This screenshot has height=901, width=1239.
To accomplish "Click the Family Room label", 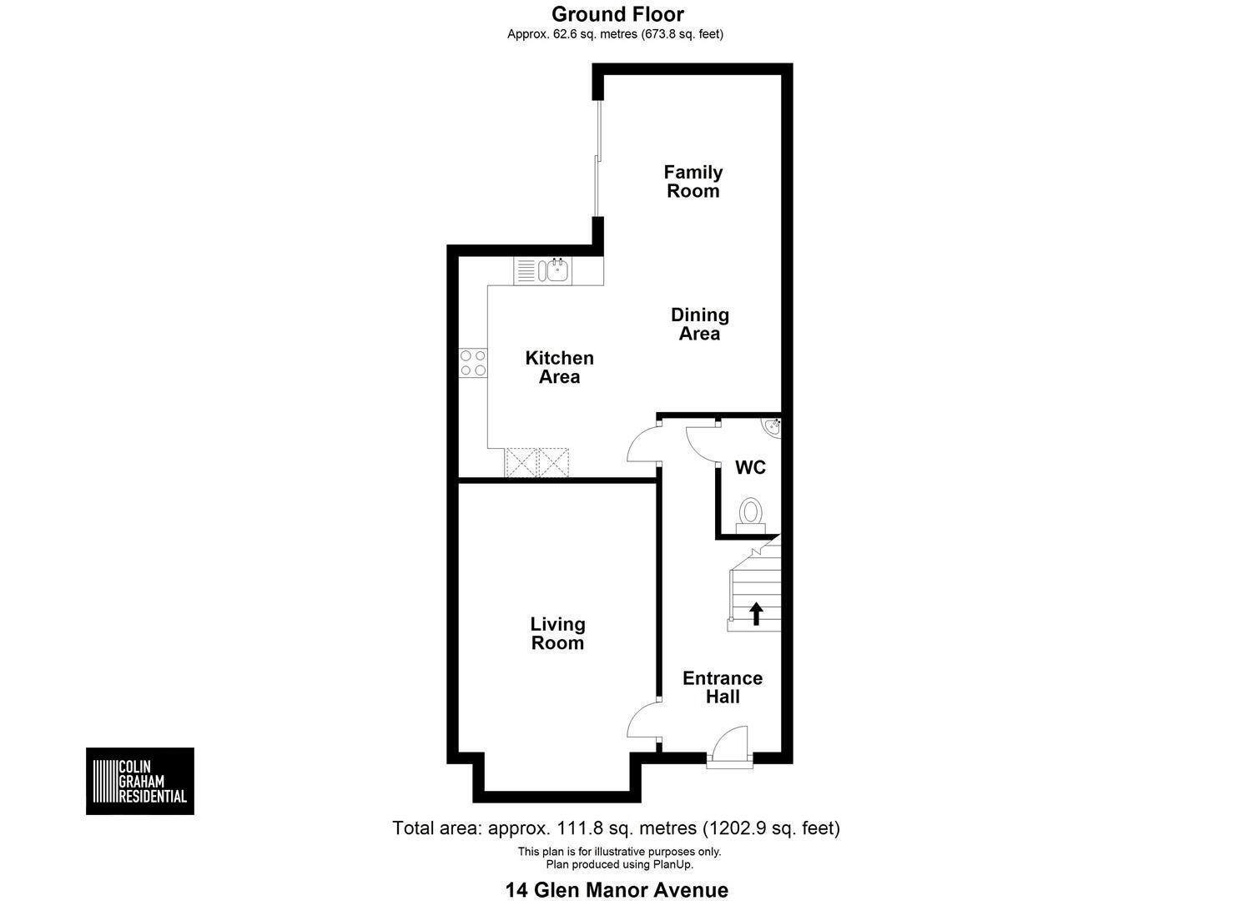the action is (693, 181).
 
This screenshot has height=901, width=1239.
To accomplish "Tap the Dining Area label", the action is (700, 325).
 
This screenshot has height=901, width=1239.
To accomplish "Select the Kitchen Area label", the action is (559, 367).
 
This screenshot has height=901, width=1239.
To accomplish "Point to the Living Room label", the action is (557, 633).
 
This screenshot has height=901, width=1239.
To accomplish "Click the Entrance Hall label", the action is (723, 687).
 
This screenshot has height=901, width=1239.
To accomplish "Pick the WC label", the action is (750, 467).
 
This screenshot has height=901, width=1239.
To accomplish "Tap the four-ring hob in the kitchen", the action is (473, 363).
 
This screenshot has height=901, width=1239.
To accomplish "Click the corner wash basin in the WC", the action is (773, 428).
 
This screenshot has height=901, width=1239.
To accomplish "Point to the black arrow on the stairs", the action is (756, 614).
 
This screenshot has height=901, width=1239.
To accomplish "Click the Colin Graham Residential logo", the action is (140, 781).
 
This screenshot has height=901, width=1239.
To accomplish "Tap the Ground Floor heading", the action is (617, 14).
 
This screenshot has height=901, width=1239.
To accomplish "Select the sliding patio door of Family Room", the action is (597, 159).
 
